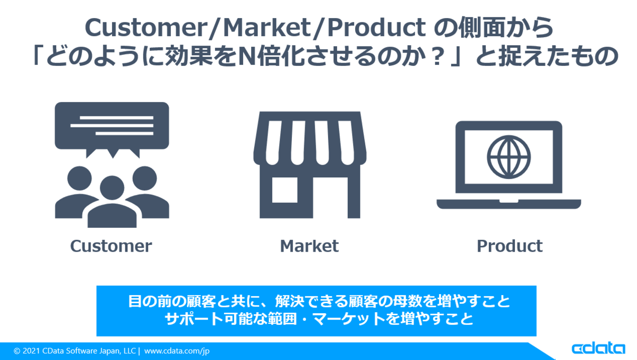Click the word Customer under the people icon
coord(111,246)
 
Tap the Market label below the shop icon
coord(309,246)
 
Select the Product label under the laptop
coord(510,246)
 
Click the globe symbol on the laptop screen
coord(509,157)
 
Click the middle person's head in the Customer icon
coord(112,187)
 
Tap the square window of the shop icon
coord(285,190)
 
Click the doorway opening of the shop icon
coord(330,198)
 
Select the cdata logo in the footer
coord(598,349)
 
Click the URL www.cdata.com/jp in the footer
coord(177,351)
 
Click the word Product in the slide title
coord(376,28)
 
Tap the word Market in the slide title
coord(267,28)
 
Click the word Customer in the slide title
coord(146,28)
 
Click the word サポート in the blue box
coord(194,319)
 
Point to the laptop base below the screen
coord(509,204)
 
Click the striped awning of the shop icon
coord(310,138)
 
